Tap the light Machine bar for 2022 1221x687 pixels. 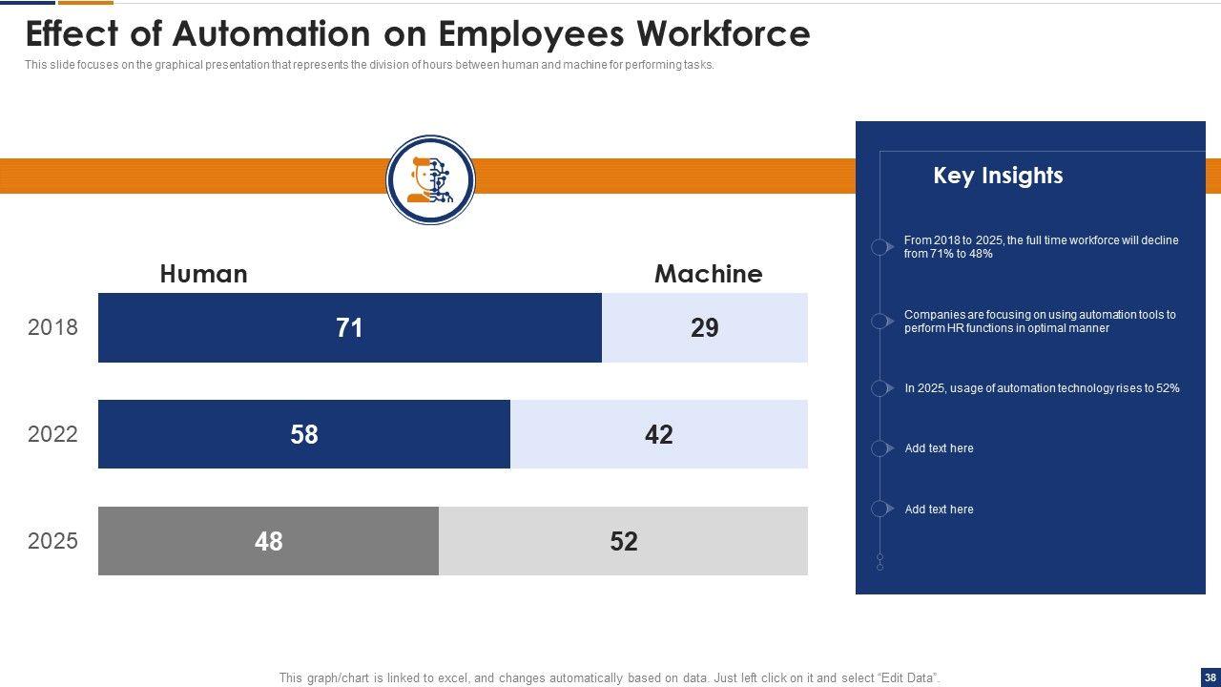coord(744,434)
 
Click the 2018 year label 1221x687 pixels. coord(52,327)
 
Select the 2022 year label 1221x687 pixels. coord(52,434)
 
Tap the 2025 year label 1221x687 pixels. coord(52,541)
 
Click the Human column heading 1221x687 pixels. coord(203,274)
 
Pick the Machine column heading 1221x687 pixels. coord(708,274)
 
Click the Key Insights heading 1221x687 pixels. coord(998,176)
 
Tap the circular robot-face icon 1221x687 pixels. coord(430,180)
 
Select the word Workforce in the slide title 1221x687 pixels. coord(722,34)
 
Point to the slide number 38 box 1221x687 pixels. coord(1211,677)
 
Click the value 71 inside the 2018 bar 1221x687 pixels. coord(349,328)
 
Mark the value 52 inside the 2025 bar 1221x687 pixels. coord(623,542)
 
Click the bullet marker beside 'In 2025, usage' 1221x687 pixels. coord(880,388)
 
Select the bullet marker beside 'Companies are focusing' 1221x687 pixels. coord(880,321)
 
